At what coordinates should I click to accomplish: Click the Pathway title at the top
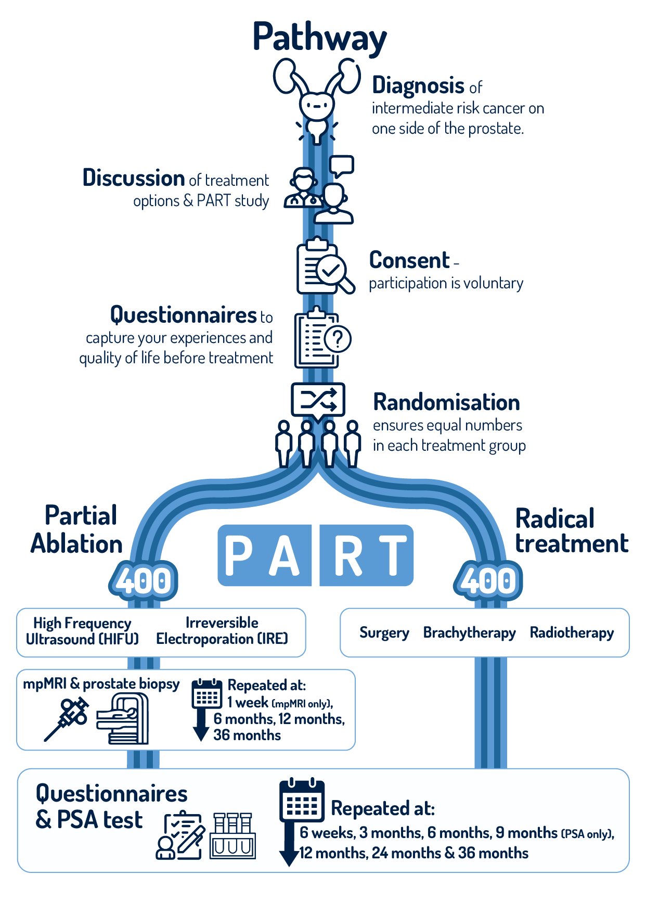tap(319, 37)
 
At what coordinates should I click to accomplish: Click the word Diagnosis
tap(418, 85)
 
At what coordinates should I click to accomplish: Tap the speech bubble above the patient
tap(341, 166)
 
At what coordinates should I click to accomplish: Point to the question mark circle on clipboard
tap(338, 339)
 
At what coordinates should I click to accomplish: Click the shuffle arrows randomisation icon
tap(318, 400)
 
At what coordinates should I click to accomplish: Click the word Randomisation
tap(446, 402)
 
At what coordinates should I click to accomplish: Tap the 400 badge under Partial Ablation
tap(143, 580)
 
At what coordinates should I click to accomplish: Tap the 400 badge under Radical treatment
tap(488, 580)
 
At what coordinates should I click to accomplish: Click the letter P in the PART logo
tap(239, 555)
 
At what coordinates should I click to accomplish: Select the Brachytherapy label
tap(469, 632)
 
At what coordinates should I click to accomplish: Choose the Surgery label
tap(384, 632)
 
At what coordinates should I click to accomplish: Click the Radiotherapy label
tap(572, 632)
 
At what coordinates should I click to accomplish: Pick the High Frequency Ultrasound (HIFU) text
tap(82, 631)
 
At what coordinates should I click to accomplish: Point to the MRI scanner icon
tap(123, 719)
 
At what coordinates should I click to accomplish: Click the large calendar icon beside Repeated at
tap(302, 801)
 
